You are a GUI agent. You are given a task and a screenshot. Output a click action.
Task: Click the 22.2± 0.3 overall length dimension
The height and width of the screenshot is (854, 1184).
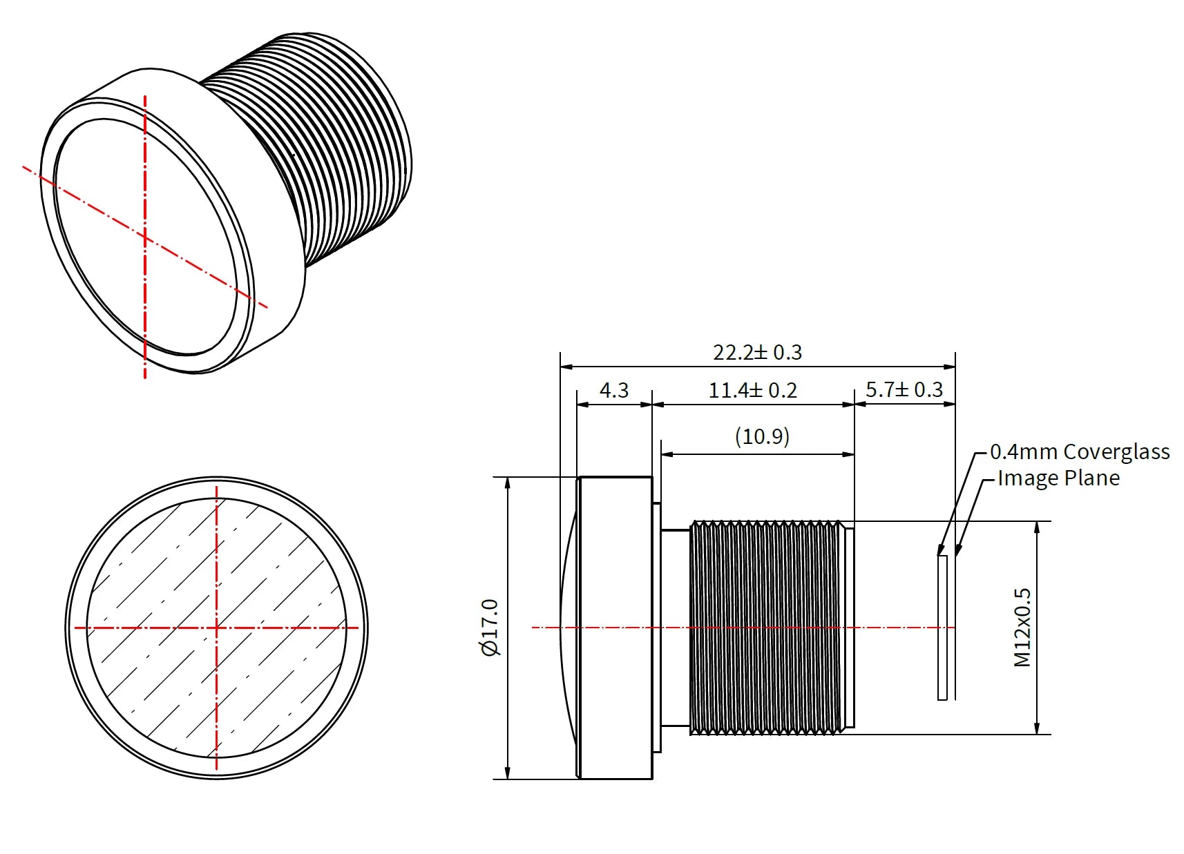757,353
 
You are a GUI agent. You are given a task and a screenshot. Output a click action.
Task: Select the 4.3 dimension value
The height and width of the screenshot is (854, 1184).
613,391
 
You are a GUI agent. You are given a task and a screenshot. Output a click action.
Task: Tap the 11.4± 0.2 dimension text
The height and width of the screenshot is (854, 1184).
752,391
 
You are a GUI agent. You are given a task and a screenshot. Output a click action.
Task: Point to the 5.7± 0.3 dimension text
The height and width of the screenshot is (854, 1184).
904,390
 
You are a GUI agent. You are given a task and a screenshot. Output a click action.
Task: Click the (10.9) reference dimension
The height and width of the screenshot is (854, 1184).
762,437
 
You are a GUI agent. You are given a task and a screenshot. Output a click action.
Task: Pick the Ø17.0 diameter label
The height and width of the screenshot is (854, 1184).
490,628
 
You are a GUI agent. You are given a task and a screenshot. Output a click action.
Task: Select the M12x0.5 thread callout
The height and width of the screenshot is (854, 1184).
1022,628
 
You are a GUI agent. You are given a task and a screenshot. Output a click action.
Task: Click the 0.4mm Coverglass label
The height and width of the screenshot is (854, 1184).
1079,452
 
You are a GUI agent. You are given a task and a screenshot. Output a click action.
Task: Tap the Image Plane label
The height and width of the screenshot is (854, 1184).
1058,478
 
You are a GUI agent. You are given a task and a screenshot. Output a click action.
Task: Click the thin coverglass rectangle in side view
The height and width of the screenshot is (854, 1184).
942,628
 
